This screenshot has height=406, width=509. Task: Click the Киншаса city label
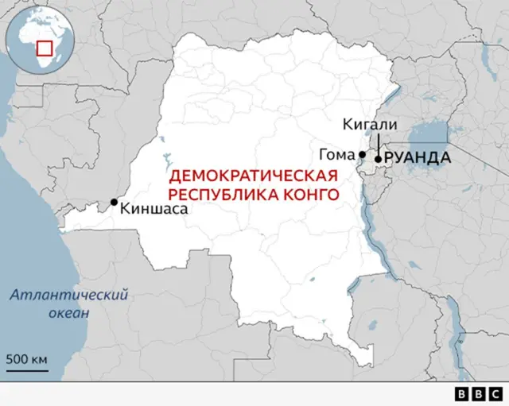154,209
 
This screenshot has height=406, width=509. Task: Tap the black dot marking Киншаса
115,202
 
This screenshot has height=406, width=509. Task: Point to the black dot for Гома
362,154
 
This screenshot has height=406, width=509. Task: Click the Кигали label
368,125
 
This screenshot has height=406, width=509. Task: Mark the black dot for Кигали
377,159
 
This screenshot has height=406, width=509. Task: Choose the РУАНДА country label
418,158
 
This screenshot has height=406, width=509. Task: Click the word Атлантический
69,296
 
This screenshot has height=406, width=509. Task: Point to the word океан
69,312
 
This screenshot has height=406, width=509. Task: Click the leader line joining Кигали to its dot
378,144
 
